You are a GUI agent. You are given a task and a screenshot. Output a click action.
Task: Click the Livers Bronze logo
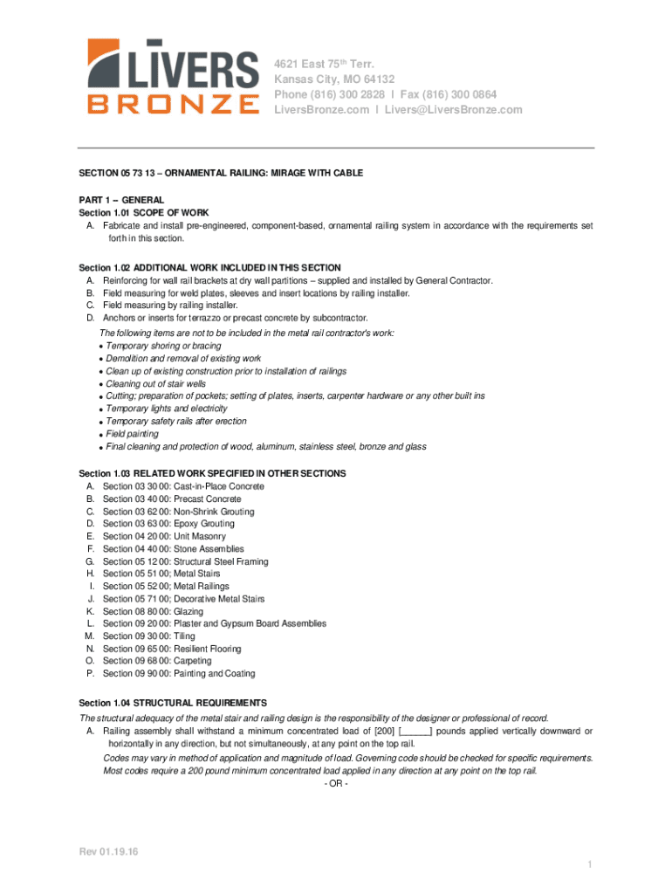173,77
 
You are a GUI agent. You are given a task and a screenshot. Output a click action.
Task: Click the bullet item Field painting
132,434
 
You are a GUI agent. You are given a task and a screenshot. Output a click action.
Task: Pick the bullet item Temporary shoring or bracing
163,346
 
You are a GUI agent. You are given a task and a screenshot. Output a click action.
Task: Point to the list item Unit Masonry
200,536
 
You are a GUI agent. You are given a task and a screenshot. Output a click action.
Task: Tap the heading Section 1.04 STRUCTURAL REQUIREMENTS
173,703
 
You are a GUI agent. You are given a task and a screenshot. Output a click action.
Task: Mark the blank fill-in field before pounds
415,731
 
